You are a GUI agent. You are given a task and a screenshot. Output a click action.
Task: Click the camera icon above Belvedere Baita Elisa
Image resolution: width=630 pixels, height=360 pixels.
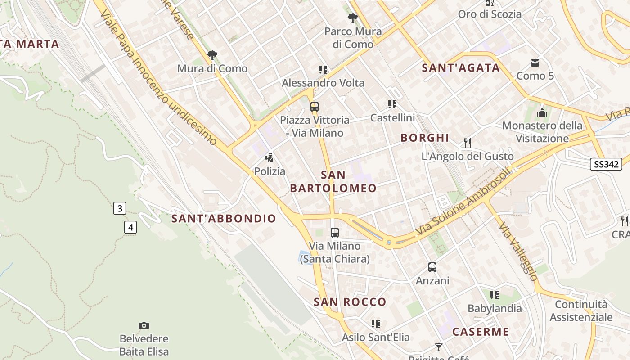click(144, 325)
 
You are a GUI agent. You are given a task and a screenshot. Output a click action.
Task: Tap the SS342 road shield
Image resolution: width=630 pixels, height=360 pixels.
click(606, 164)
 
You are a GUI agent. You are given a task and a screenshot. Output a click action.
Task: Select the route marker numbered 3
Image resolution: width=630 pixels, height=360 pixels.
click(119, 208)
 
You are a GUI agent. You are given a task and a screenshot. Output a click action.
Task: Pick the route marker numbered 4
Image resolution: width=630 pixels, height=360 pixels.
click(130, 227)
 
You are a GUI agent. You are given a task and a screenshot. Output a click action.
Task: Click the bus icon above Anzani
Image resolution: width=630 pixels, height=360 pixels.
click(432, 267)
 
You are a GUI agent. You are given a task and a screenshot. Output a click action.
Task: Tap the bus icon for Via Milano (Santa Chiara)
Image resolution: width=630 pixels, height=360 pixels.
click(335, 233)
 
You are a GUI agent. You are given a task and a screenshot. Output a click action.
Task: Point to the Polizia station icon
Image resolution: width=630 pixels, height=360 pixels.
click(270, 158)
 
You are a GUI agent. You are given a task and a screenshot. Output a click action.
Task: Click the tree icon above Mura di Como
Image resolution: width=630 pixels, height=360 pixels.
click(212, 55)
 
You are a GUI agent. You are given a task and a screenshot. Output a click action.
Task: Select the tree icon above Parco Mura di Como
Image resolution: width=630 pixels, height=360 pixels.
click(353, 18)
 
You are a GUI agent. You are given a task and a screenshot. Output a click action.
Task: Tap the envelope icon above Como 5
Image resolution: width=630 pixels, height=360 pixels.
click(535, 63)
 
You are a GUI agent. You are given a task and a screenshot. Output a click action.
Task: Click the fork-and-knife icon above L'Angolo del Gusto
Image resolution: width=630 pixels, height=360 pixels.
click(468, 143)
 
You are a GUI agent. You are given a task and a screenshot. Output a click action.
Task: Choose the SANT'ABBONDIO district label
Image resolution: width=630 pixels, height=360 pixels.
click(224, 219)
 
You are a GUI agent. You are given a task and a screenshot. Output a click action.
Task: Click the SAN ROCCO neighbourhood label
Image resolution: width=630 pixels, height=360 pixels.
click(350, 302)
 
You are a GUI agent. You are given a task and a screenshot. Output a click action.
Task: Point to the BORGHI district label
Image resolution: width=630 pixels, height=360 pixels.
click(425, 138)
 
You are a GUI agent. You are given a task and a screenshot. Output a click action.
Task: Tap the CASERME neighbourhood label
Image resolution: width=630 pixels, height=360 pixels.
click(481, 332)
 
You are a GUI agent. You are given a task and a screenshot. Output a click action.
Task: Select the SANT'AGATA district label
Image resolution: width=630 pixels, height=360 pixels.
click(461, 68)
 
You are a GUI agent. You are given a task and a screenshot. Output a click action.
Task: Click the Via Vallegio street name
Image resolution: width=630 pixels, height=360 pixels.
click(518, 252)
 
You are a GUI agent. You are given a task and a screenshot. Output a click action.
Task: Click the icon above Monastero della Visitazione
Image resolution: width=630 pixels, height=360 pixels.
click(542, 112)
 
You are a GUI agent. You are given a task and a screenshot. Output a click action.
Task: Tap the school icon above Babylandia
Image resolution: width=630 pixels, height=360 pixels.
click(495, 295)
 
